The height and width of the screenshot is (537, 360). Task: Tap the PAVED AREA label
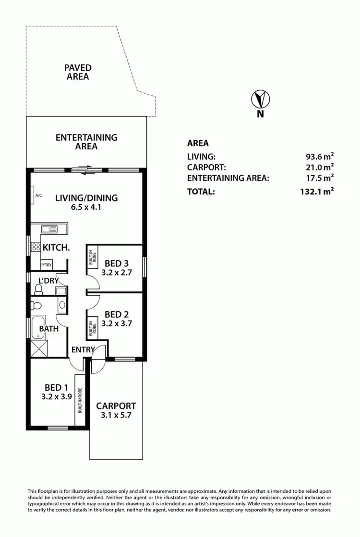click(78, 72)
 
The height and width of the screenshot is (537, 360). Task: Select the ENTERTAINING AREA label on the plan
click(86, 142)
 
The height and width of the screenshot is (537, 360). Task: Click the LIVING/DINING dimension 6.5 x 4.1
click(86, 208)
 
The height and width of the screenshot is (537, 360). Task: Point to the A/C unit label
click(38, 195)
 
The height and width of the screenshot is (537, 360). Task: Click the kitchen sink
click(49, 230)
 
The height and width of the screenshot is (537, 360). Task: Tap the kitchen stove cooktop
click(36, 247)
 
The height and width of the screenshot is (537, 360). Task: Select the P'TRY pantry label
click(46, 264)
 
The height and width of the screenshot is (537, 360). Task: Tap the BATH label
click(49, 329)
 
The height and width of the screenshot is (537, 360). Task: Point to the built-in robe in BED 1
click(81, 401)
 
